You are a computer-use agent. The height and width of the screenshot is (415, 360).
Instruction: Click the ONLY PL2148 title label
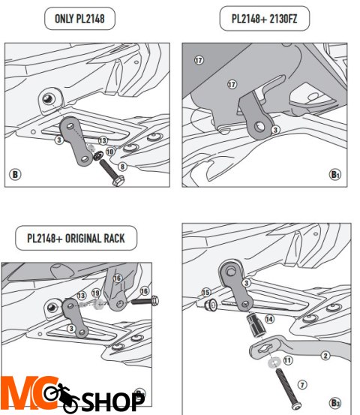(79, 19)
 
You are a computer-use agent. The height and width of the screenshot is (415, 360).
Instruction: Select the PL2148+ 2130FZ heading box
(264, 19)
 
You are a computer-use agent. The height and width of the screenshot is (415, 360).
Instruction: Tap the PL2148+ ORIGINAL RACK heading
(76, 238)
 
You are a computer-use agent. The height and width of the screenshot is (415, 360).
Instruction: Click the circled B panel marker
(15, 174)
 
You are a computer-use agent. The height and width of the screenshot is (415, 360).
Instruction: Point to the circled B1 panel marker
(334, 174)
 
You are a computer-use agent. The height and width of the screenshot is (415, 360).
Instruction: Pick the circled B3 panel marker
(335, 403)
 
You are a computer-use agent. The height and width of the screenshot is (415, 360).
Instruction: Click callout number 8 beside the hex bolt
(122, 167)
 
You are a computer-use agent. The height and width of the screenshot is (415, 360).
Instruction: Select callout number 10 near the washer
(110, 152)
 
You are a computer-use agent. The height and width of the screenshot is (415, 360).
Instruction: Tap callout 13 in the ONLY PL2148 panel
(103, 140)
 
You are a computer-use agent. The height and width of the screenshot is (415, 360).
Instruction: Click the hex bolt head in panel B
(118, 181)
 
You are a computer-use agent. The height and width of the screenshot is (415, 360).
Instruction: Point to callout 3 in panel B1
(275, 130)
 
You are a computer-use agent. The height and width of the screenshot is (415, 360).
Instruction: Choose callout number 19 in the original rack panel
(96, 293)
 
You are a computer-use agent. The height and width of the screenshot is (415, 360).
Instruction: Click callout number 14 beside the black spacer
(269, 319)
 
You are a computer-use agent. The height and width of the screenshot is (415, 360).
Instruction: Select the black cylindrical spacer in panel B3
(255, 325)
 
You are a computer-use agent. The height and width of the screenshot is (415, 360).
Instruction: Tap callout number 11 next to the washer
(288, 360)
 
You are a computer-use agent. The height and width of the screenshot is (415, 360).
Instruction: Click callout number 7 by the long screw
(302, 384)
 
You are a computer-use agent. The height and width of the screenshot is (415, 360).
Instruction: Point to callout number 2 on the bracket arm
(325, 356)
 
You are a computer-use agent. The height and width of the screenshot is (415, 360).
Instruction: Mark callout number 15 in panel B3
(206, 292)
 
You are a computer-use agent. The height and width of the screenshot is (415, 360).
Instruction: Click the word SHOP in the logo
(113, 401)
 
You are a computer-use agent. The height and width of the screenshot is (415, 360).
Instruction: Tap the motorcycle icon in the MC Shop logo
(61, 396)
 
